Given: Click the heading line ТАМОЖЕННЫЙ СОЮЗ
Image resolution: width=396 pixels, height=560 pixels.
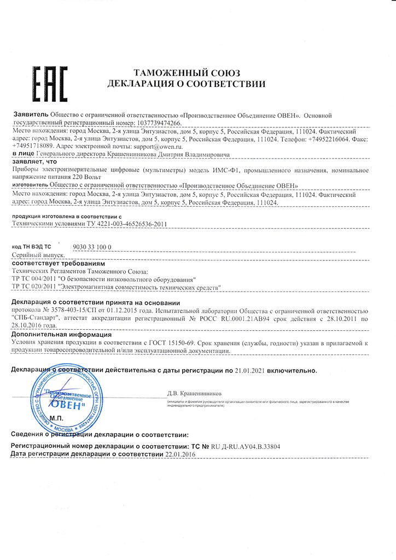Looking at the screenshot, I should click(x=187, y=73).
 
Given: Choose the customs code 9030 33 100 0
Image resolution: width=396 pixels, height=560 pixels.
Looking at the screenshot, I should click(x=92, y=247).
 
